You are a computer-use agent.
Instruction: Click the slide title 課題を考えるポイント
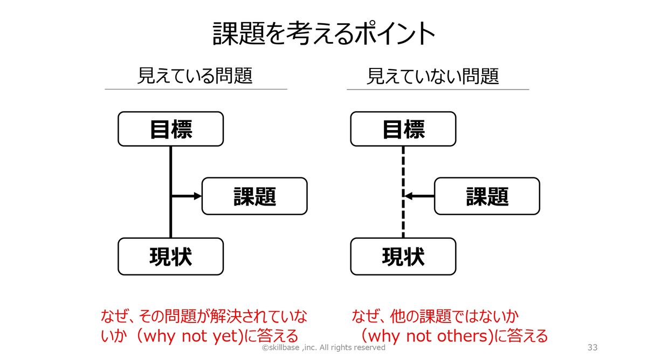pyautogui.click(x=323, y=33)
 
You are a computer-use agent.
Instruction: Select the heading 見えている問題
pyautogui.click(x=195, y=75)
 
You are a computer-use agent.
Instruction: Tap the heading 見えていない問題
pyautogui.click(x=432, y=76)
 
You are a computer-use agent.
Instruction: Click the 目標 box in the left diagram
pyautogui.click(x=170, y=129)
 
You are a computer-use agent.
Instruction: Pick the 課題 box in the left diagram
pyautogui.click(x=254, y=196)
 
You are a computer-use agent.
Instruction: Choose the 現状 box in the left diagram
pyautogui.click(x=170, y=257)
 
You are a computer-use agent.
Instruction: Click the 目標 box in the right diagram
pyautogui.click(x=403, y=129)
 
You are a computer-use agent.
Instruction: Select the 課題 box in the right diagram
pyautogui.click(x=487, y=196)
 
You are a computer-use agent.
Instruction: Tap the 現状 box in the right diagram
pyautogui.click(x=403, y=257)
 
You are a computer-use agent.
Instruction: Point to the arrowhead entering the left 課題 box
pyautogui.click(x=197, y=196)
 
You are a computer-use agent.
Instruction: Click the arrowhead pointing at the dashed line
pyautogui.click(x=408, y=196)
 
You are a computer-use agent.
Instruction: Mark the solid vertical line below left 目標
pyautogui.click(x=170, y=167)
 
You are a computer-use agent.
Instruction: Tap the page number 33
pyautogui.click(x=592, y=348)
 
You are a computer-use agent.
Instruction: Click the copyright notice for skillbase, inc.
pyautogui.click(x=323, y=348)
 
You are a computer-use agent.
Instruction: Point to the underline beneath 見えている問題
pyautogui.click(x=196, y=89)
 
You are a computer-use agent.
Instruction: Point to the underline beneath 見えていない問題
pyautogui.click(x=437, y=89)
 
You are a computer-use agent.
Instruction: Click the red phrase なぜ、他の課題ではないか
pyautogui.click(x=439, y=315)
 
